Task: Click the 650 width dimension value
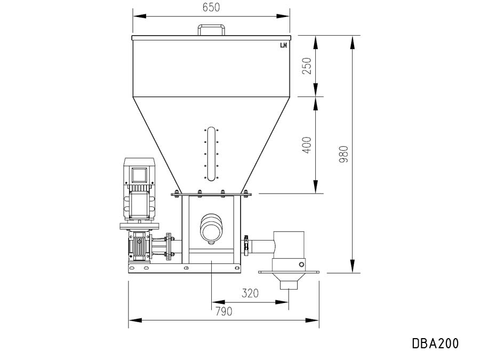coord(211,7)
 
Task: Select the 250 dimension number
coord(307,66)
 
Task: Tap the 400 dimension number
coord(307,145)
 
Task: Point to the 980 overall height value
coord(344,154)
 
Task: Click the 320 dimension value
coord(250,293)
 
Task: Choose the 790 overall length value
coord(224,311)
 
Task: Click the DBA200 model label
coord(435,343)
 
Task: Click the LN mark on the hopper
coord(284,45)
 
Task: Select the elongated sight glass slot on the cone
coord(211,154)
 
